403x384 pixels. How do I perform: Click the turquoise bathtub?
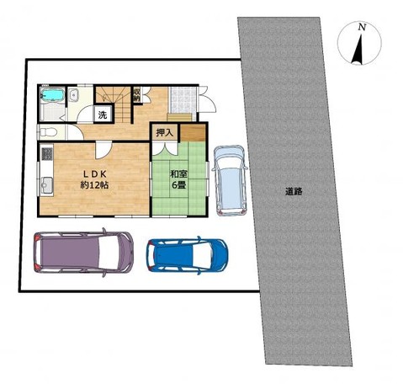click(52, 95)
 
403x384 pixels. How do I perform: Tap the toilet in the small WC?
click(48, 131)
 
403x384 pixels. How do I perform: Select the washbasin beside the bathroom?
click(74, 95)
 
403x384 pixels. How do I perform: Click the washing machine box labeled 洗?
click(103, 115)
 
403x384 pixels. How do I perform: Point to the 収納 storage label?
click(136, 95)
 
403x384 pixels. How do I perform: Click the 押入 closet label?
click(165, 132)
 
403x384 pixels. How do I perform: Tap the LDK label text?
click(94, 174)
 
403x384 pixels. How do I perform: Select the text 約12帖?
click(94, 185)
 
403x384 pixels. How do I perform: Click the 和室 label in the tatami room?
click(178, 174)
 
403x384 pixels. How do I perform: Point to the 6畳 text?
click(178, 185)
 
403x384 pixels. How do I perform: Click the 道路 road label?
click(294, 192)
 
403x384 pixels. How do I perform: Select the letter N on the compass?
click(363, 28)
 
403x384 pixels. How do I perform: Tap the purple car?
click(83, 253)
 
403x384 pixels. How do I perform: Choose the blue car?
click(188, 255)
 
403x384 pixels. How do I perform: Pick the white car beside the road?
click(230, 180)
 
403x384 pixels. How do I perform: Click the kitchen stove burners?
click(47, 154)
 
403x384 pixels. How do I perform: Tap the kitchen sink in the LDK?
click(47, 185)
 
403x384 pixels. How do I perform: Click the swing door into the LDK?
click(103, 150)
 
